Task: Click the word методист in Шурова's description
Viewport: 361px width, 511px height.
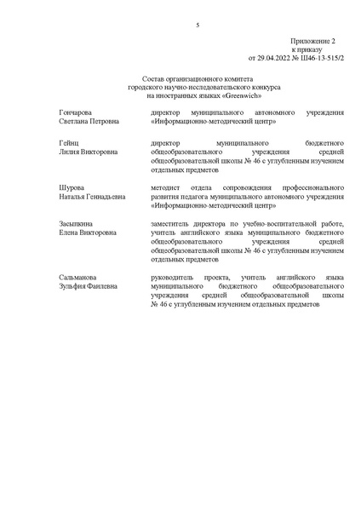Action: [164, 186]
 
